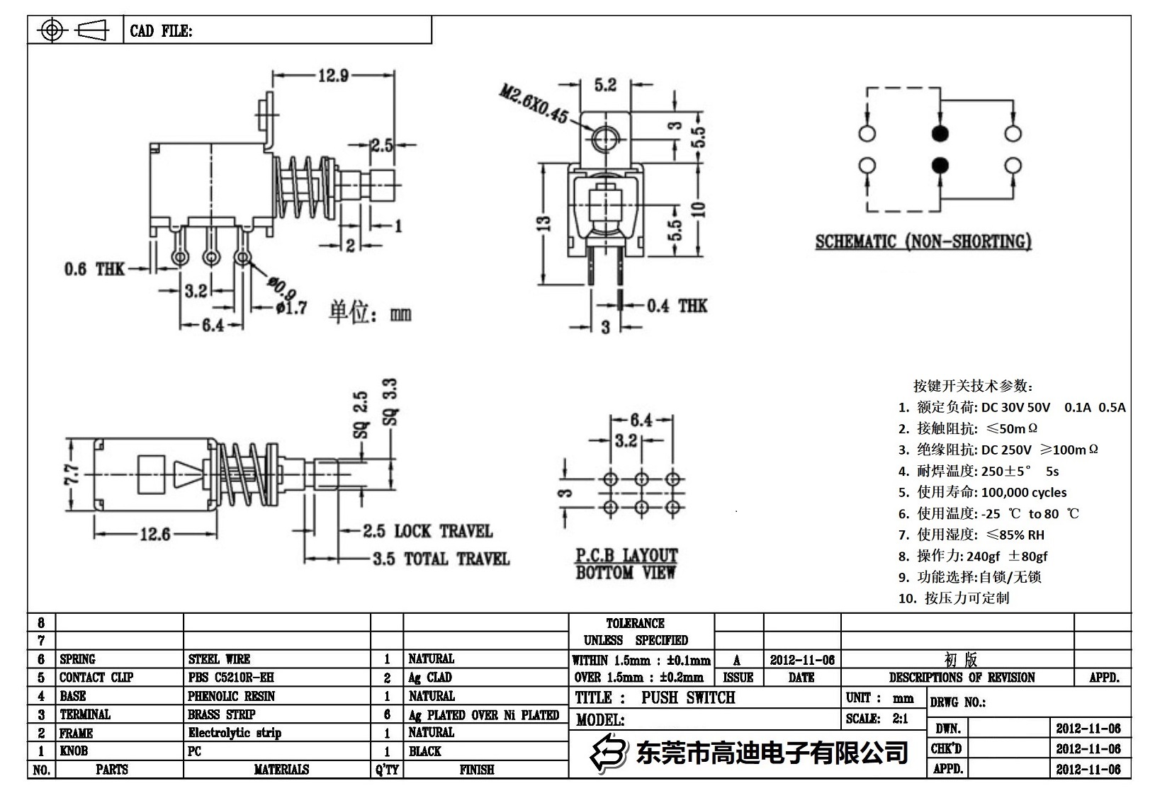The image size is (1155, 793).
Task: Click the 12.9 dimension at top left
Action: (x=333, y=75)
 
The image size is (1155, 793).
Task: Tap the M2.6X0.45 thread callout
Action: (x=533, y=103)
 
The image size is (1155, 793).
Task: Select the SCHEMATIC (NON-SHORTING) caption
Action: (x=923, y=242)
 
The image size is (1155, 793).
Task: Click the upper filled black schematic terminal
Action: (x=940, y=133)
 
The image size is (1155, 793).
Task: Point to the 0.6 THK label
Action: (x=94, y=269)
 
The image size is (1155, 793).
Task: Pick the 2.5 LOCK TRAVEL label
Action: (x=427, y=531)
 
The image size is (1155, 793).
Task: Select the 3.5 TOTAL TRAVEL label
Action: (x=441, y=559)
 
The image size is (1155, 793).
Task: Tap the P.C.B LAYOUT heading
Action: (x=626, y=556)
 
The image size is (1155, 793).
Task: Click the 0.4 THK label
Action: (x=677, y=306)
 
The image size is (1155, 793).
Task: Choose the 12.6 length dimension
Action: (x=154, y=534)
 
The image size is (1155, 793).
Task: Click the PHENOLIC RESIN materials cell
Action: (x=231, y=696)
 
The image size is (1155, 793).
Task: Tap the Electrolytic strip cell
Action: (x=235, y=733)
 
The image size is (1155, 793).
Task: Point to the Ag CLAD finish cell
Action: (x=430, y=678)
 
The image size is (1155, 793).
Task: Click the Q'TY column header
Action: (x=387, y=770)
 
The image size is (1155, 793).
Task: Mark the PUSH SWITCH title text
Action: (x=688, y=698)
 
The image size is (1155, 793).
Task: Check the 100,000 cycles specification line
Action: (x=982, y=492)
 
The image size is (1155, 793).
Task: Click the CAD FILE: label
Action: (x=161, y=31)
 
